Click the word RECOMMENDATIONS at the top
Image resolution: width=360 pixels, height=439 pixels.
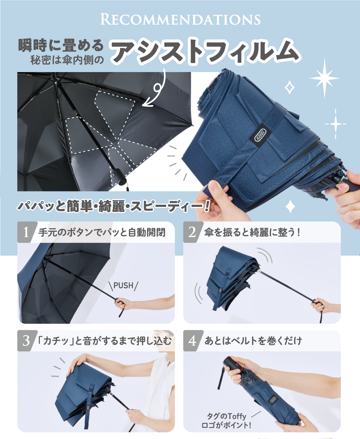(180, 19)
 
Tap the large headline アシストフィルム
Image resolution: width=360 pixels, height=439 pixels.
(205, 51)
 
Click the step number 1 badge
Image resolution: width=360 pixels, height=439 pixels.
(26, 232)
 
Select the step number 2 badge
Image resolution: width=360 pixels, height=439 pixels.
(192, 232)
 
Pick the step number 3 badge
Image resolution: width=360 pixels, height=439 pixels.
(26, 341)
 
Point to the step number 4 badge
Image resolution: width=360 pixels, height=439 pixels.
(192, 341)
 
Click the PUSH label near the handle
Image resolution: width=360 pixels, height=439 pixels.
(123, 285)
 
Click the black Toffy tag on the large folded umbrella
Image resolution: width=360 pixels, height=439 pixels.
(260, 135)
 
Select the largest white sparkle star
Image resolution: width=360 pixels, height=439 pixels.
(324, 78)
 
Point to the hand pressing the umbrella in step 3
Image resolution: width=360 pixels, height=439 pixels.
(78, 362)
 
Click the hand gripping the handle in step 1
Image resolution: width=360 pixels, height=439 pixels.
(121, 304)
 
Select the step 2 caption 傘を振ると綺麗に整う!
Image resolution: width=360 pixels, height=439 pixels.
(252, 232)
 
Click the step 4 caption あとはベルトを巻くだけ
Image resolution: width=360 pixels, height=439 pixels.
(253, 341)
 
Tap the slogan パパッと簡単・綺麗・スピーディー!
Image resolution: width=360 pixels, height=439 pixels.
(114, 206)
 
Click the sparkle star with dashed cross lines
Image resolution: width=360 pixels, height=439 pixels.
(335, 124)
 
